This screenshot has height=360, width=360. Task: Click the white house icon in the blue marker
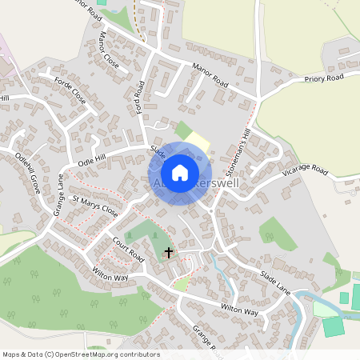[180, 172]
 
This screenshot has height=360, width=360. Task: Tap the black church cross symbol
[168, 254]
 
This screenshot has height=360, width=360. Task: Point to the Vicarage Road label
[305, 171]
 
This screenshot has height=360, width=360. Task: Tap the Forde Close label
[69, 90]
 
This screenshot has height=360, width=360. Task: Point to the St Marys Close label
[94, 209]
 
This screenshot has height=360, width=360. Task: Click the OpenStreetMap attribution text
[80, 354]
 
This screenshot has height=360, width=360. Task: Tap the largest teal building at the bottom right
[333, 326]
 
